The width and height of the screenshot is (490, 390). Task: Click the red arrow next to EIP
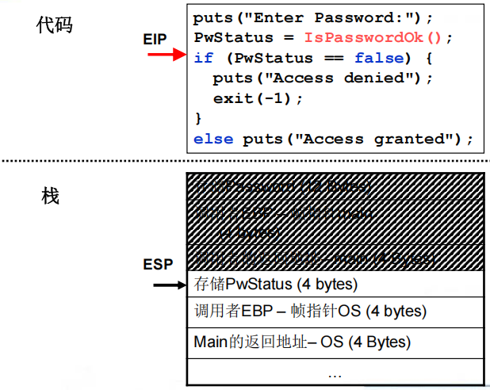click(x=167, y=55)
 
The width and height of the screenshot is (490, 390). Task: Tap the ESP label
click(x=158, y=263)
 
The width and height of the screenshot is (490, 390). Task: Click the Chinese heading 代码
click(x=53, y=25)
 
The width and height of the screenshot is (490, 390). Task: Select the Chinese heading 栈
click(x=50, y=196)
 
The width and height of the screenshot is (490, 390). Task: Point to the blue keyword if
click(x=203, y=58)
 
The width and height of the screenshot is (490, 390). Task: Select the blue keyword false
click(x=380, y=58)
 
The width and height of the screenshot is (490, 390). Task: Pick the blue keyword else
click(x=212, y=139)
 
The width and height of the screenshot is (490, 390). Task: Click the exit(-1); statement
click(x=258, y=98)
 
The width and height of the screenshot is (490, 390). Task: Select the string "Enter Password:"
click(x=331, y=17)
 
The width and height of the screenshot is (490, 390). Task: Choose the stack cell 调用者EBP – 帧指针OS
click(x=310, y=312)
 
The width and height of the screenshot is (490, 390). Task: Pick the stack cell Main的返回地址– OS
click(x=302, y=342)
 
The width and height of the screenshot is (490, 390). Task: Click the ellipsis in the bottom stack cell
click(x=334, y=372)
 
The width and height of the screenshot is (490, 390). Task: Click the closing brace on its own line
click(x=198, y=118)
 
